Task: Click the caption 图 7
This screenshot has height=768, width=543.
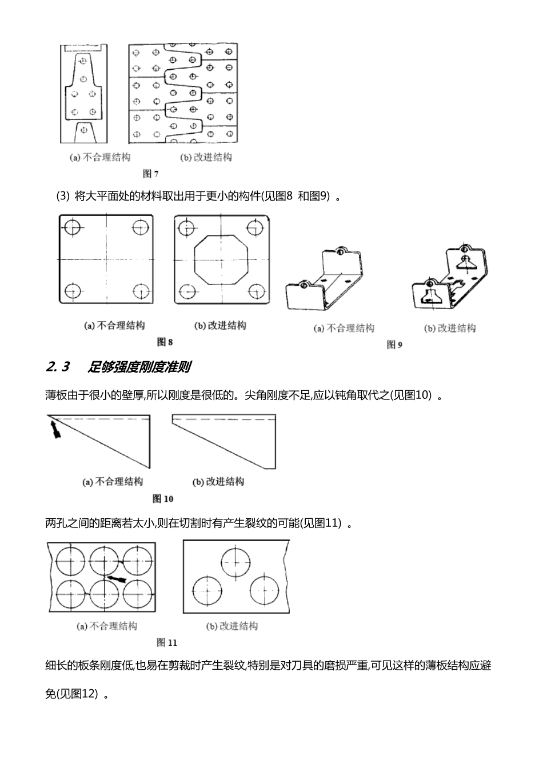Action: [x=151, y=174]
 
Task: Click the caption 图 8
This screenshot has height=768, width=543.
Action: [x=165, y=342]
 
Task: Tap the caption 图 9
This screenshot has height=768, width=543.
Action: [x=395, y=345]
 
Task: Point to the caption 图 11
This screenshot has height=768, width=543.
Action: [x=167, y=643]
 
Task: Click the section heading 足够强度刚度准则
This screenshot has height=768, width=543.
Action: [x=139, y=367]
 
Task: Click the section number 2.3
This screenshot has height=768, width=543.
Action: [x=57, y=367]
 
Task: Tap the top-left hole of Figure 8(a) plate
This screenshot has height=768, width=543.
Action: [x=73, y=227]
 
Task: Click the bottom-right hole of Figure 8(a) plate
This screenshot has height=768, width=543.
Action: [x=140, y=290]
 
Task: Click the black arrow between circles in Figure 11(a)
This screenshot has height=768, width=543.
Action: [x=117, y=579]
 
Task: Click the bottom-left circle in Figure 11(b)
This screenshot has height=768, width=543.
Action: [x=207, y=591]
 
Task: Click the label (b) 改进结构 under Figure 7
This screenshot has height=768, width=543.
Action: [x=206, y=158]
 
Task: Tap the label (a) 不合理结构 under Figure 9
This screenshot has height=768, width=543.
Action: [x=344, y=329]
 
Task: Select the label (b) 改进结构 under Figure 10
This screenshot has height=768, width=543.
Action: [x=218, y=482]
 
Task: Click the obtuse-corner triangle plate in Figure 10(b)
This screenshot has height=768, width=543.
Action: [x=229, y=437]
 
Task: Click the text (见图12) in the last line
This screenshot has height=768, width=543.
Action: [x=71, y=694]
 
